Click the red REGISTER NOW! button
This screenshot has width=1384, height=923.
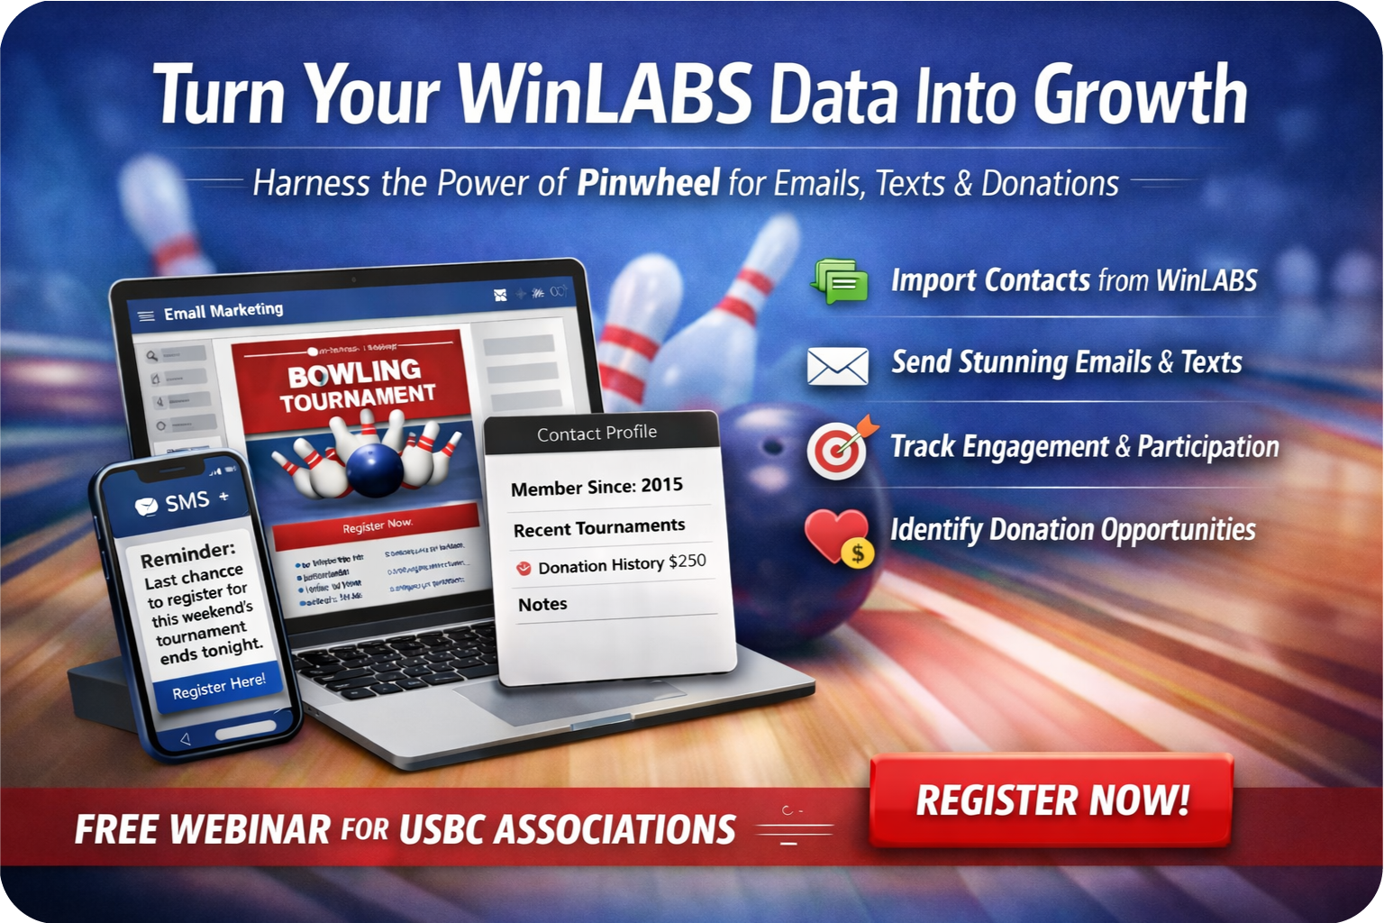[x=1051, y=800]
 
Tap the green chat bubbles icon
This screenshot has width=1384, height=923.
[x=839, y=280]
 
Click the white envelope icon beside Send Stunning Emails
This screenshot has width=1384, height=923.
[x=838, y=366]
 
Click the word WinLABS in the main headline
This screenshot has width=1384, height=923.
[x=605, y=95]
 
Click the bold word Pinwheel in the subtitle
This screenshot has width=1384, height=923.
[x=648, y=183]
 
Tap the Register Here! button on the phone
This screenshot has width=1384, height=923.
[x=219, y=686]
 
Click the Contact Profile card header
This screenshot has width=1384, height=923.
[x=597, y=434]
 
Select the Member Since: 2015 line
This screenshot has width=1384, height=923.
[x=596, y=487]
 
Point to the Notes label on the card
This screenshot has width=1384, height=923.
[x=542, y=604]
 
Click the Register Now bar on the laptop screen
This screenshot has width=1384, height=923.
[x=377, y=525]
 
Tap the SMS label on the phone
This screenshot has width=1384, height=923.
[x=187, y=502]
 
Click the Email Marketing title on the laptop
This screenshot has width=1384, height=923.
[x=223, y=312]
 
